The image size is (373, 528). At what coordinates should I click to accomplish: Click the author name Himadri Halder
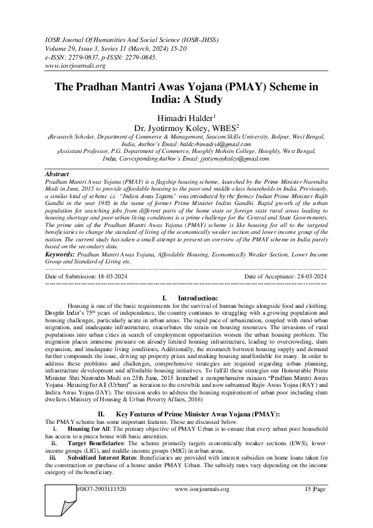point(185,117)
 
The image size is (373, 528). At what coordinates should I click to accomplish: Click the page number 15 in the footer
point(308,488)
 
